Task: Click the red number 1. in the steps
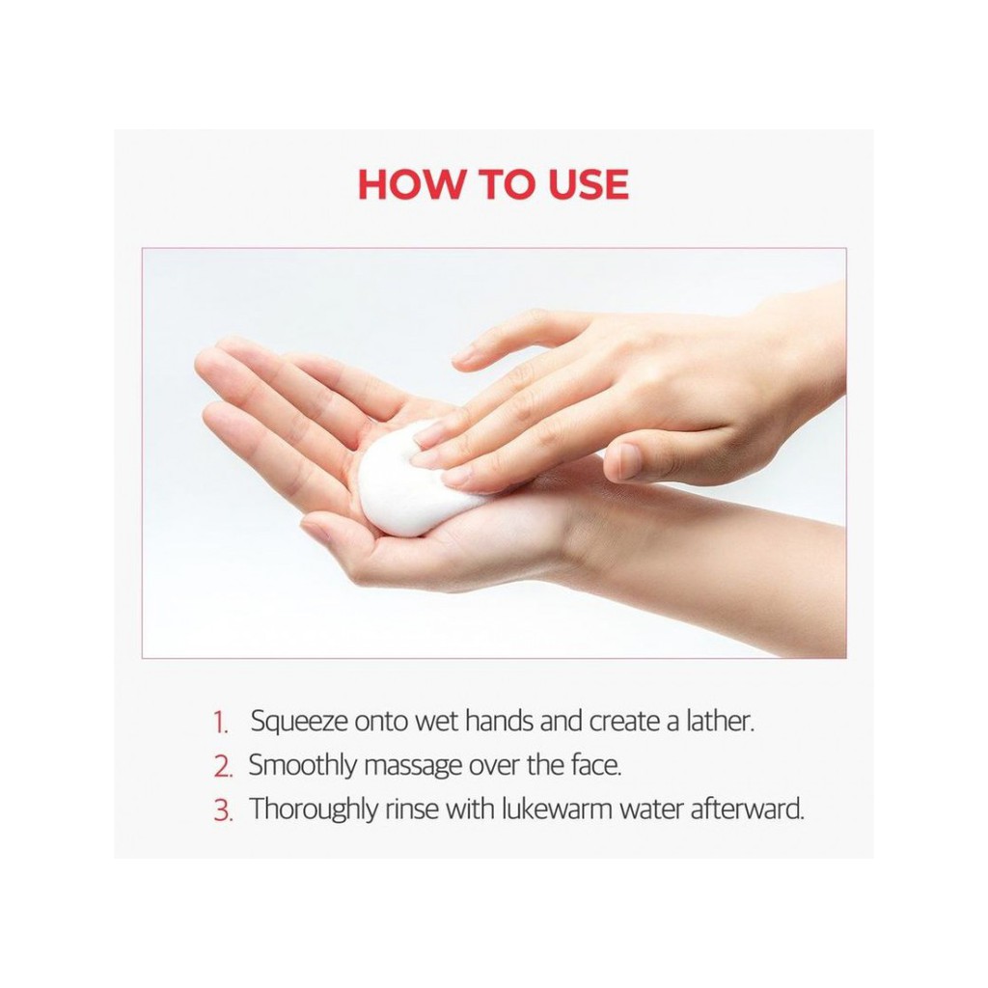click(x=220, y=723)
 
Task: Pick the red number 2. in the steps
click(x=223, y=767)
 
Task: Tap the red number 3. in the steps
click(x=223, y=810)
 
